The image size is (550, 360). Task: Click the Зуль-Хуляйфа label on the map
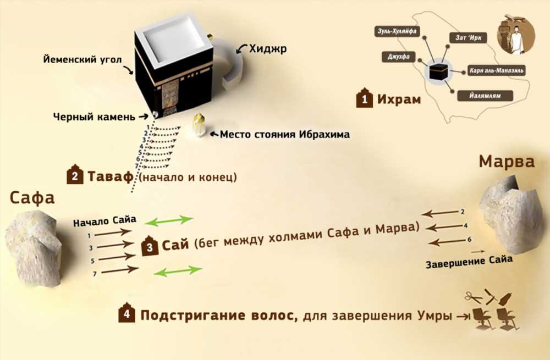[x=397, y=31]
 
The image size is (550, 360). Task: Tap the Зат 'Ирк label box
[x=468, y=37]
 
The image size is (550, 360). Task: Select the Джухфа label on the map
[x=398, y=57]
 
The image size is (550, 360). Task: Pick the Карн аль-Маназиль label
[x=496, y=71]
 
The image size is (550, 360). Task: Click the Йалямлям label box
[x=485, y=96]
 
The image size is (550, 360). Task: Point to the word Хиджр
[x=268, y=49]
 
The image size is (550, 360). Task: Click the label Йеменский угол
[x=82, y=59]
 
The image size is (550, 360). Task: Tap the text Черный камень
[x=94, y=117]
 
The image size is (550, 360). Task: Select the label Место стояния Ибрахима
[x=284, y=134]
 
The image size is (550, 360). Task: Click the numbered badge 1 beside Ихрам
[x=365, y=98]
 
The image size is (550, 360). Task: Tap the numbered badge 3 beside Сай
[x=150, y=246]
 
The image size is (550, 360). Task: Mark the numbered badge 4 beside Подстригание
[x=127, y=313]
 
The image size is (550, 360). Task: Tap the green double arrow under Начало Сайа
[x=169, y=220]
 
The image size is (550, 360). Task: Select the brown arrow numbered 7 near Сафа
[x=119, y=270]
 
